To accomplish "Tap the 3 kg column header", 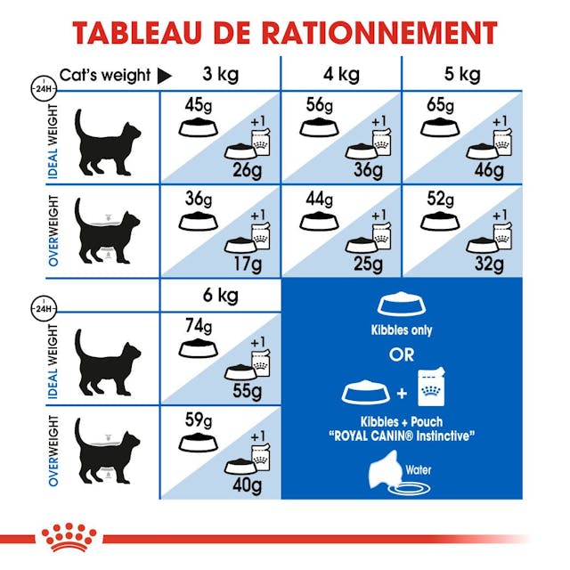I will (x=220, y=74).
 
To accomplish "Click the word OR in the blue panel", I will (x=402, y=355).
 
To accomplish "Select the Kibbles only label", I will (x=402, y=330).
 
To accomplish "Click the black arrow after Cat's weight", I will (x=164, y=76).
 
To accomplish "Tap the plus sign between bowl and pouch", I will (x=402, y=392).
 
